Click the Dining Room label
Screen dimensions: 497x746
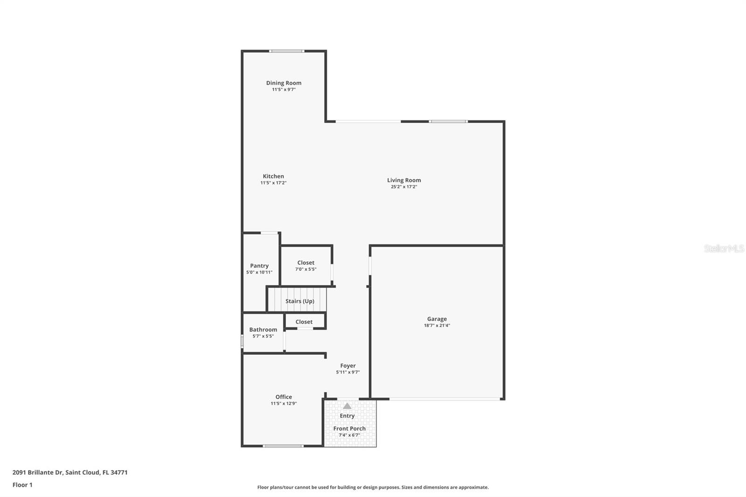click(283, 83)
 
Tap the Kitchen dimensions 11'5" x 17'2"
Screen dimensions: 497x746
click(273, 183)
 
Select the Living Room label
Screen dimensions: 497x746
click(404, 180)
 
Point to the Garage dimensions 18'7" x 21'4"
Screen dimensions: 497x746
click(437, 325)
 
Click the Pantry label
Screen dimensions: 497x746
click(259, 266)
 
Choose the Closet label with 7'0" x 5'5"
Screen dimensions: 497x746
click(306, 263)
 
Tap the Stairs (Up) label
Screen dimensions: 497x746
click(300, 301)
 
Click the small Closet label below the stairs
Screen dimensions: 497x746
click(304, 322)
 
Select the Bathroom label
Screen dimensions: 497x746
click(263, 330)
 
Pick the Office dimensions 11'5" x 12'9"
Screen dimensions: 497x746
click(283, 404)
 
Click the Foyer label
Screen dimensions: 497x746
click(348, 366)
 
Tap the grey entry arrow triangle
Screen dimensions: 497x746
click(347, 406)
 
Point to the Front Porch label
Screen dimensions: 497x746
click(349, 428)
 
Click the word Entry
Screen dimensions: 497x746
click(347, 416)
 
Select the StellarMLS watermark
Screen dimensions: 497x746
click(724, 248)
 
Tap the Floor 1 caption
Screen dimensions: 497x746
click(22, 485)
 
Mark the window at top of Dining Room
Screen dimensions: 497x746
click(287, 51)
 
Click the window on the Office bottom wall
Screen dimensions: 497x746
click(283, 446)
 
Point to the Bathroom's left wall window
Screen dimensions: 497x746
click(242, 341)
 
